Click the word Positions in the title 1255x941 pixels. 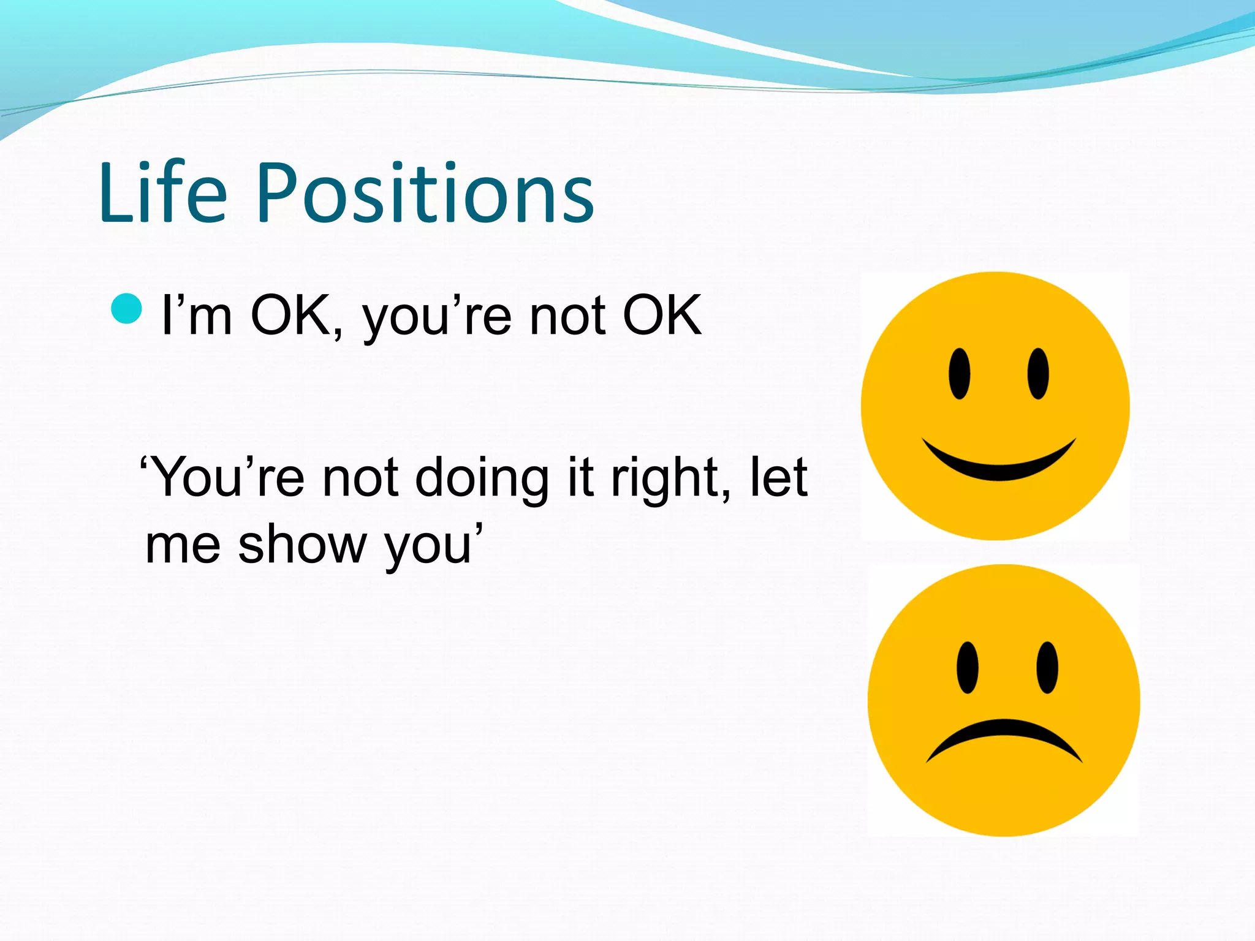click(x=425, y=195)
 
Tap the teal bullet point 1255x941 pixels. click(x=127, y=308)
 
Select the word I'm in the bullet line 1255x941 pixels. click(x=196, y=316)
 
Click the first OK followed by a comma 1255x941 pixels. click(x=293, y=316)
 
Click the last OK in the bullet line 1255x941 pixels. click(x=662, y=316)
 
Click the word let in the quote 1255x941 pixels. click(x=779, y=477)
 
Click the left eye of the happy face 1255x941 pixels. click(x=959, y=374)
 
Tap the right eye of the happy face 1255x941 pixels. click(x=1038, y=374)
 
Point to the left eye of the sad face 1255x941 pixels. click(x=967, y=668)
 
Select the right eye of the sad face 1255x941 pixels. click(x=1047, y=668)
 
